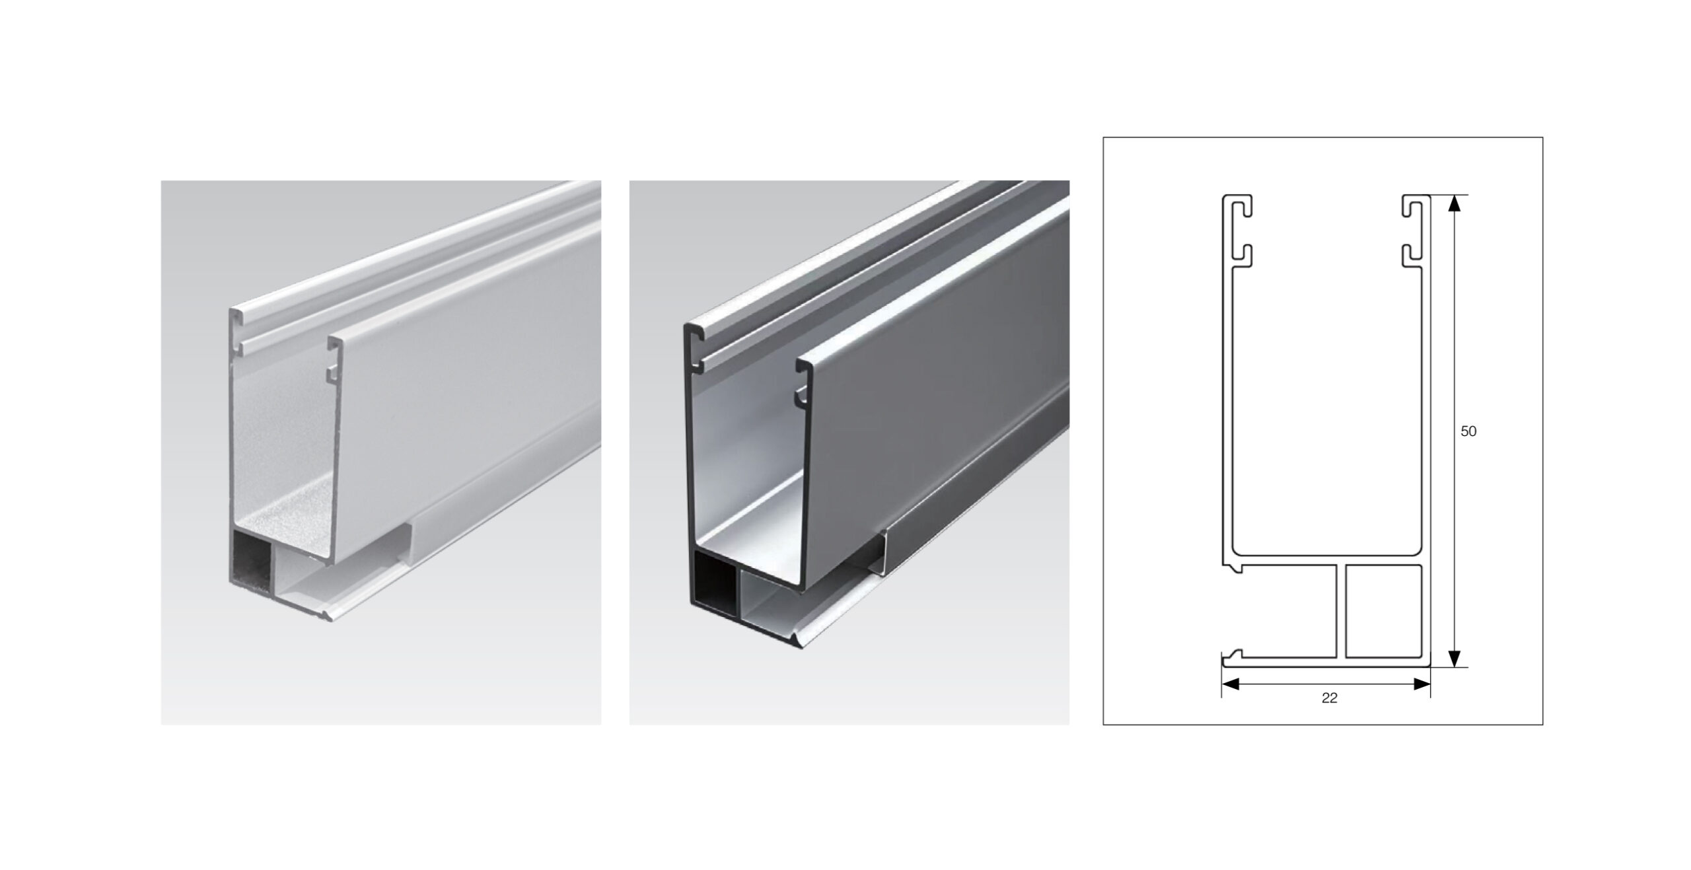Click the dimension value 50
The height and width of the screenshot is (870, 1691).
[1468, 431]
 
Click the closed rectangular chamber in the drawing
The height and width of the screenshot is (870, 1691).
[1383, 620]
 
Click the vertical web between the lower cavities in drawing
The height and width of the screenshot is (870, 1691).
[1341, 620]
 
